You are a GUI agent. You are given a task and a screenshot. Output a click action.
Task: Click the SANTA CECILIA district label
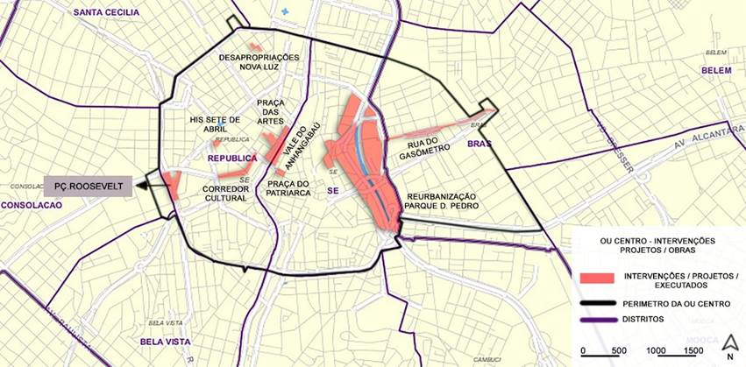107,12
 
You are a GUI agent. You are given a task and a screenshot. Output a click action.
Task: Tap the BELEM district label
716,70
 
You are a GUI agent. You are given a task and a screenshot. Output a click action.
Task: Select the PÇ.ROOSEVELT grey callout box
88,186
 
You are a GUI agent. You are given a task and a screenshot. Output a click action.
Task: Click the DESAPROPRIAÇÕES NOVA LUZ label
259,63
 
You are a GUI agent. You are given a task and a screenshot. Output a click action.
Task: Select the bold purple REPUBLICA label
231,159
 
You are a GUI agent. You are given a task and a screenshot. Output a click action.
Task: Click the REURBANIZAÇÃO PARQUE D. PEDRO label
440,201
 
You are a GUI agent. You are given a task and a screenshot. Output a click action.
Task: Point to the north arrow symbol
729,342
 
